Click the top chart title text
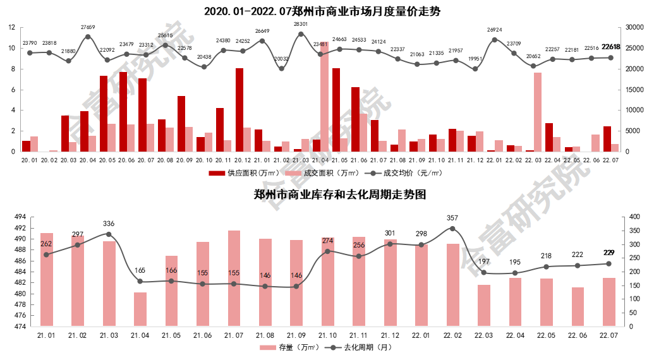point(322,11)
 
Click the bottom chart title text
point(339,195)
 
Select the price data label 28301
point(301,25)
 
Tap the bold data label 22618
point(611,47)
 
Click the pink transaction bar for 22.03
point(537,112)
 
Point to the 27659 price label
point(88,27)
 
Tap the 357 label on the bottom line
point(452,219)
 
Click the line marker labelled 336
point(109,234)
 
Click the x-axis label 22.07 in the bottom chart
point(609,337)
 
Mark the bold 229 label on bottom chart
point(609,253)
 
